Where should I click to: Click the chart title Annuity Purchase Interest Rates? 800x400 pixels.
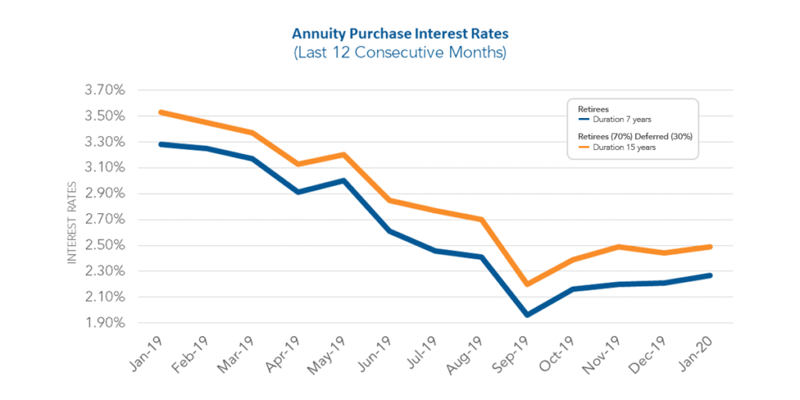click(x=399, y=35)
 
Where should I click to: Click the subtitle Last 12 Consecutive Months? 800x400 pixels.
click(x=399, y=53)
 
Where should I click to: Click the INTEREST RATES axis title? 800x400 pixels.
click(x=72, y=223)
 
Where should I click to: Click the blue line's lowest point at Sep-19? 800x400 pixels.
click(x=527, y=315)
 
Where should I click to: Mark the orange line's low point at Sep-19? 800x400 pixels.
click(x=527, y=284)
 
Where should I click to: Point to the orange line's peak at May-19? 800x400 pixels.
click(x=345, y=155)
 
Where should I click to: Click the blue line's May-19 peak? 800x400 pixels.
click(x=345, y=180)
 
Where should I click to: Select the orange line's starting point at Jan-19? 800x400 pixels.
click(x=161, y=112)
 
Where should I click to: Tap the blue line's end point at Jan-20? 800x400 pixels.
click(x=709, y=275)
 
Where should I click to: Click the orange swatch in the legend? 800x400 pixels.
click(x=583, y=146)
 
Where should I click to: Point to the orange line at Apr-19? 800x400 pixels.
click(x=298, y=164)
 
